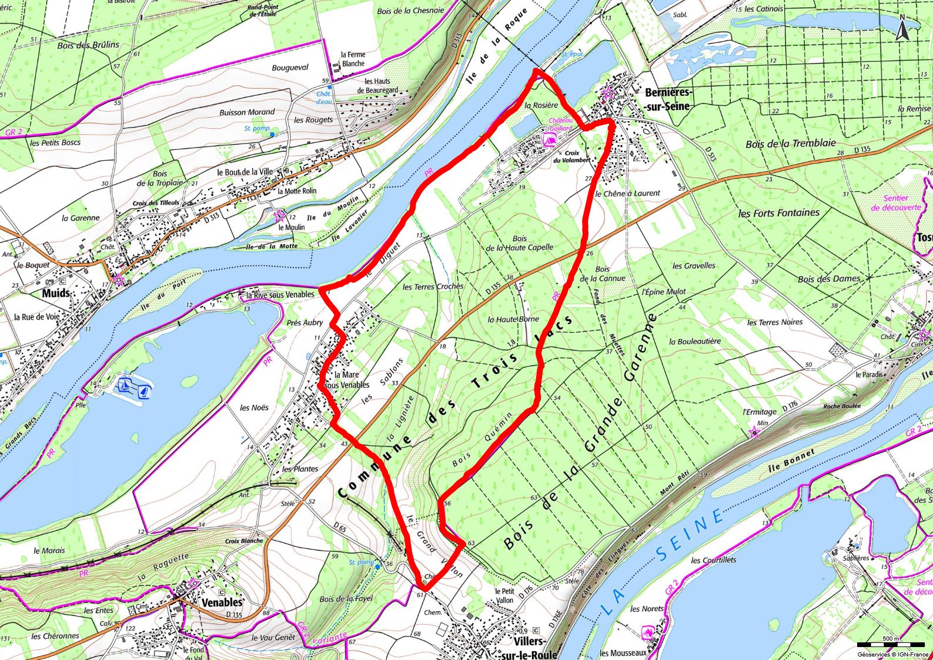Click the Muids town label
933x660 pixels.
click(x=56, y=293)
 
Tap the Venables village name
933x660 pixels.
click(x=222, y=603)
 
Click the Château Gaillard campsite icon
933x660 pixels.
click(x=551, y=139)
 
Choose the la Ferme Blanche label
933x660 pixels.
click(x=353, y=59)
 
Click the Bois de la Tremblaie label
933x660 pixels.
click(x=790, y=144)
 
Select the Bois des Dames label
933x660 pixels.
click(x=828, y=279)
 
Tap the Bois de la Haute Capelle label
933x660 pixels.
click(x=519, y=243)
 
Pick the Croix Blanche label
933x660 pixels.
click(x=244, y=541)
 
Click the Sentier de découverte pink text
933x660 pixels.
click(x=896, y=203)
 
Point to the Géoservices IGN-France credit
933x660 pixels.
click(x=893, y=654)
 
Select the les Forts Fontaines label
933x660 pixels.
click(x=778, y=213)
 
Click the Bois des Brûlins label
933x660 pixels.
click(x=88, y=45)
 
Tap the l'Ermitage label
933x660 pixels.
click(x=760, y=412)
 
